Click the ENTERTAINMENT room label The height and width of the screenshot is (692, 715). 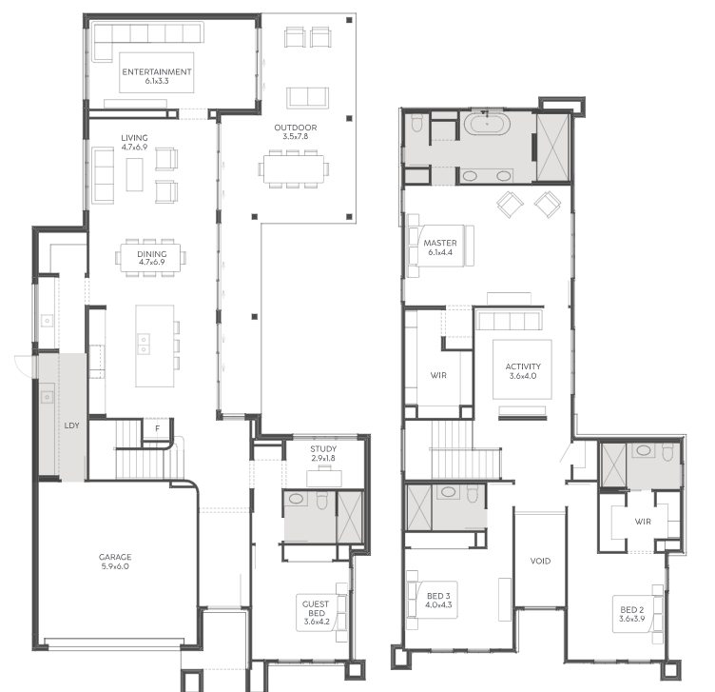point(156,71)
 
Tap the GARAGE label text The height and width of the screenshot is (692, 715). point(115,557)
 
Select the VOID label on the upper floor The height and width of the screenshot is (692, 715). point(540,561)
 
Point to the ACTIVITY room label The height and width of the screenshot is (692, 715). point(523,366)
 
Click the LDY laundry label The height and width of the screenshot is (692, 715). point(71,425)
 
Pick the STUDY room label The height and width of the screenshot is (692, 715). point(323,448)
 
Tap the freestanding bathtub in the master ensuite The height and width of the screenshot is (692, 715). point(487,123)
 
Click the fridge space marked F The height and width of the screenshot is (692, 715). point(158,428)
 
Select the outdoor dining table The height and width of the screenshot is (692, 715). point(294,168)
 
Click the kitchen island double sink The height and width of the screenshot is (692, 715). point(144,345)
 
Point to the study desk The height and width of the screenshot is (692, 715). point(324,479)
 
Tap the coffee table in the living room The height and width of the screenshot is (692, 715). point(134,174)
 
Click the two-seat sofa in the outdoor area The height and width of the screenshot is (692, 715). point(308,97)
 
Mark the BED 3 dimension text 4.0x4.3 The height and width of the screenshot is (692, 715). point(438,604)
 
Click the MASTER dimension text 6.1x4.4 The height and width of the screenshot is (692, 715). point(440,252)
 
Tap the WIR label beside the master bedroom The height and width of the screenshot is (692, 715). point(438,376)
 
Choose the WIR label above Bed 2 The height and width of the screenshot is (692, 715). point(643,522)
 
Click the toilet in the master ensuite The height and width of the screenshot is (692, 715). point(417,123)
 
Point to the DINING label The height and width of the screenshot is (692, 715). point(152,254)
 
